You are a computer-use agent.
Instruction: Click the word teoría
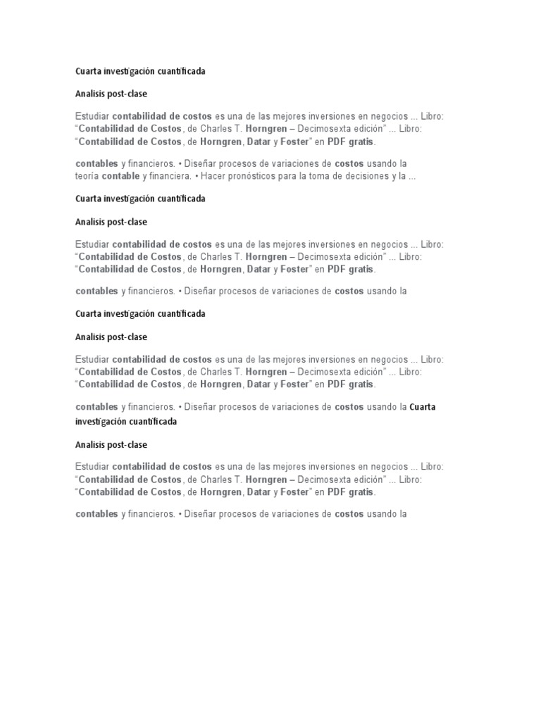point(87,176)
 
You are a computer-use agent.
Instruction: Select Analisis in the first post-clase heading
point(89,94)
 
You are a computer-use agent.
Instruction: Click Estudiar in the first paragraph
point(92,116)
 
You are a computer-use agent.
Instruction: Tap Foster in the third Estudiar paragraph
point(294,384)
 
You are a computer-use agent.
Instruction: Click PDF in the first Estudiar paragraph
point(335,142)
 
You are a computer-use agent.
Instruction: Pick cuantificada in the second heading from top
point(177,199)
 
